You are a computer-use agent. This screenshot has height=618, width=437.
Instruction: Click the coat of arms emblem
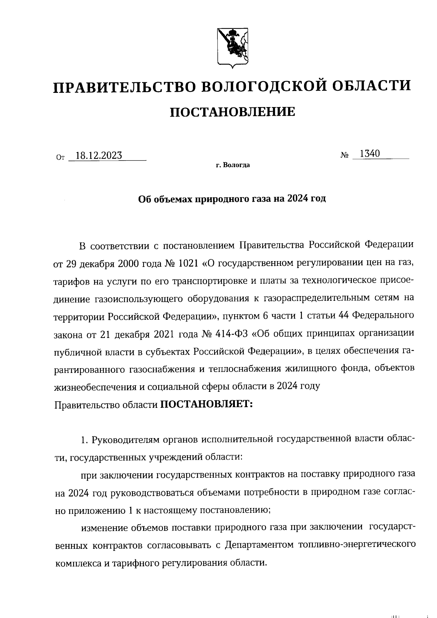pyautogui.click(x=233, y=48)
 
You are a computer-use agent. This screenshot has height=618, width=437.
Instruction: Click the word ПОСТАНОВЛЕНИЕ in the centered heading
pyautogui.click(x=233, y=112)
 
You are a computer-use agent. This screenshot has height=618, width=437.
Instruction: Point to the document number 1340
pyautogui.click(x=370, y=154)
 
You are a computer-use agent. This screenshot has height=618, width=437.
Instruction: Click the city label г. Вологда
pyautogui.click(x=233, y=165)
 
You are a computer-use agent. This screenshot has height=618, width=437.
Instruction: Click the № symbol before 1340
pyautogui.click(x=345, y=155)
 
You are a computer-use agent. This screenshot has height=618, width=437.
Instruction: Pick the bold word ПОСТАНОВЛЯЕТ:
pyautogui.click(x=206, y=404)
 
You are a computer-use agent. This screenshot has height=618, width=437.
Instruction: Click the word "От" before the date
pyautogui.click(x=60, y=158)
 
